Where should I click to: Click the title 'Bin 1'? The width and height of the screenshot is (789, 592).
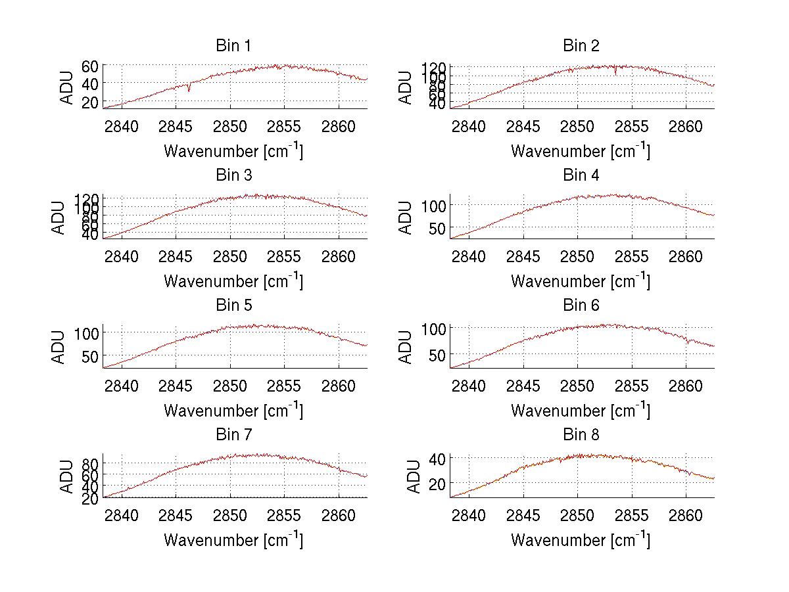click(x=233, y=46)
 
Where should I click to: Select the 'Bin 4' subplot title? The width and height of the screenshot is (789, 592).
click(x=581, y=175)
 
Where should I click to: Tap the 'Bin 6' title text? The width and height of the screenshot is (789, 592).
click(x=581, y=306)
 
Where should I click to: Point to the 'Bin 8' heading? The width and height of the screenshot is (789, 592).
click(x=581, y=435)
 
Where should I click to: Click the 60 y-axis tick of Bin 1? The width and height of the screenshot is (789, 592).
click(x=90, y=66)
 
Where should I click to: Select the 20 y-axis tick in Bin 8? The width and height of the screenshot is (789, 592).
click(x=437, y=483)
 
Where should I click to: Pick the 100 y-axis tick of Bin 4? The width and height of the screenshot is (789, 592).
click(x=434, y=205)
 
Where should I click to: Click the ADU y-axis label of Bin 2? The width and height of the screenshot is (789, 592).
click(x=406, y=87)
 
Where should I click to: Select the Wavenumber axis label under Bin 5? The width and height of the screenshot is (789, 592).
click(x=233, y=411)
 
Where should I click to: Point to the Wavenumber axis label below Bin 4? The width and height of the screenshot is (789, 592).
click(x=581, y=281)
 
